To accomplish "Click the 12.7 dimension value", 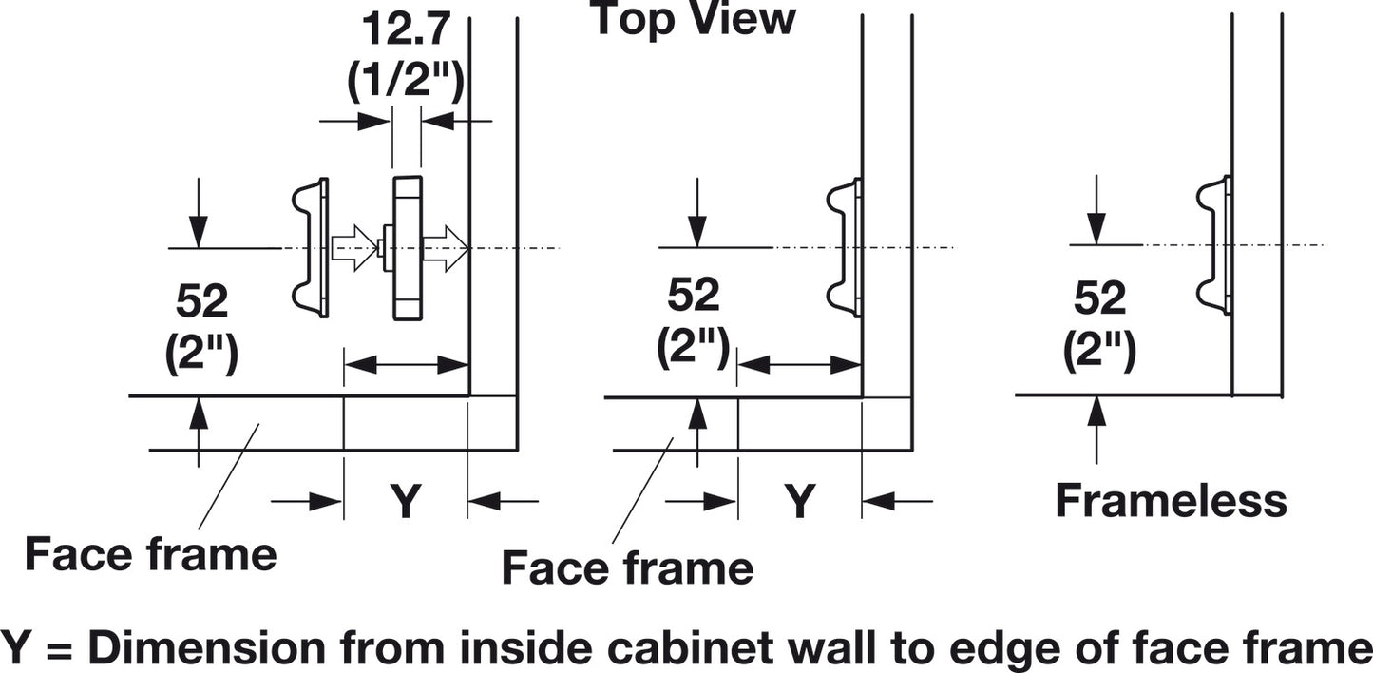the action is click(407, 29).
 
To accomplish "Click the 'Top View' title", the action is click(694, 18).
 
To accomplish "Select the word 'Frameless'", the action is click(1171, 501).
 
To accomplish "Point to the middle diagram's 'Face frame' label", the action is click(628, 567).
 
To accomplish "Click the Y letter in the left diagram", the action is click(406, 501).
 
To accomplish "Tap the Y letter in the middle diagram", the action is click(800, 501).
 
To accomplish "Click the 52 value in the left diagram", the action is click(201, 301).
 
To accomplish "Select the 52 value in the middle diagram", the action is click(694, 295).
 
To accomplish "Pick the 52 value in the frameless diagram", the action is click(1100, 298).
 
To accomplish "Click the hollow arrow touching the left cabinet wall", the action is click(446, 248).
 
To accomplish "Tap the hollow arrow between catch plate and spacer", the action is click(354, 248).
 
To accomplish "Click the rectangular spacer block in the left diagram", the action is click(407, 248).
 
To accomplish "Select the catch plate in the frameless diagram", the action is click(1213, 245).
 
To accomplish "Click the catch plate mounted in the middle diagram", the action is click(845, 248).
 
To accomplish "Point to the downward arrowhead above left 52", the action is click(198, 233).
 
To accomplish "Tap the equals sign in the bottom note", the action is click(60, 649).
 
